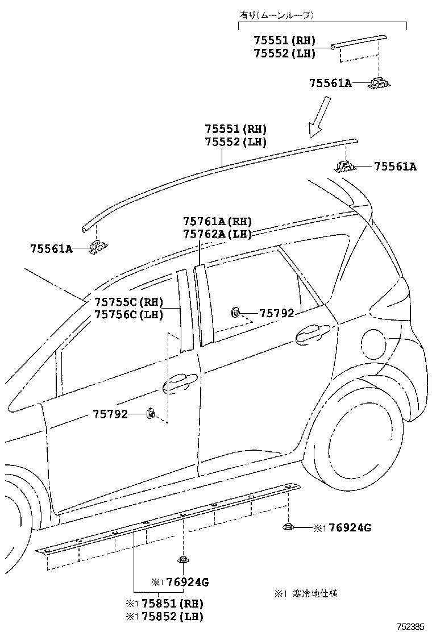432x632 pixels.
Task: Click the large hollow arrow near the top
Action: pyautogui.click(x=320, y=117)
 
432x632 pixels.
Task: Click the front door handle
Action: pyautogui.click(x=180, y=382)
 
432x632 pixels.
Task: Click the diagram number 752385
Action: pyautogui.click(x=410, y=626)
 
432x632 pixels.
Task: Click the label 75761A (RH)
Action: pyautogui.click(x=217, y=221)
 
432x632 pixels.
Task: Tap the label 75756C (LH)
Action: pyautogui.click(x=129, y=314)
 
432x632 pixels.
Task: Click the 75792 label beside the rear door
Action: pyautogui.click(x=276, y=313)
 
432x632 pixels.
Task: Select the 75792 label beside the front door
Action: pyautogui.click(x=110, y=414)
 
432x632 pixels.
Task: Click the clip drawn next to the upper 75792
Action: pyautogui.click(x=236, y=312)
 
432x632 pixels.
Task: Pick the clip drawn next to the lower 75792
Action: pyautogui.click(x=151, y=413)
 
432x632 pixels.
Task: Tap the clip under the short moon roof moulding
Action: pyautogui.click(x=379, y=82)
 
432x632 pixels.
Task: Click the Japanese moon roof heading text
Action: pyautogui.click(x=276, y=16)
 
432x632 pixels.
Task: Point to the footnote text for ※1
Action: pyautogui.click(x=307, y=593)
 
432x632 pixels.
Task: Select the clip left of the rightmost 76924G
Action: pyautogui.click(x=288, y=526)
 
